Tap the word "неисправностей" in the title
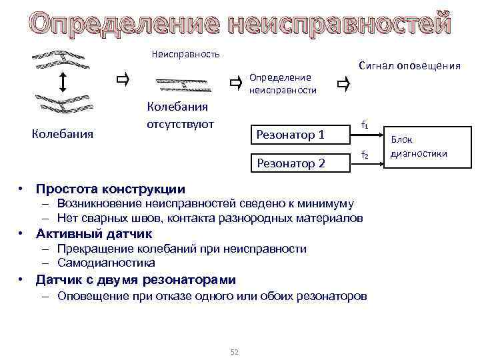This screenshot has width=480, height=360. click(339, 25)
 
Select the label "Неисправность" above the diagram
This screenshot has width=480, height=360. click(186, 53)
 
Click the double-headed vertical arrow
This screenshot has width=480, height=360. click(62, 82)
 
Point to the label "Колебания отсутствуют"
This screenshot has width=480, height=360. click(179, 115)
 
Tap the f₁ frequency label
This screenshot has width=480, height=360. click(364, 124)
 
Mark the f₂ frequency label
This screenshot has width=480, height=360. click(364, 155)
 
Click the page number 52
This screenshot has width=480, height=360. click(234, 351)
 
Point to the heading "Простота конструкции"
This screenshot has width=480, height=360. click(111, 189)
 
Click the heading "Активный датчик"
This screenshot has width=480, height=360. click(94, 234)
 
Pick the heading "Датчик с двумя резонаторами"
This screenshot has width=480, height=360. click(135, 279)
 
